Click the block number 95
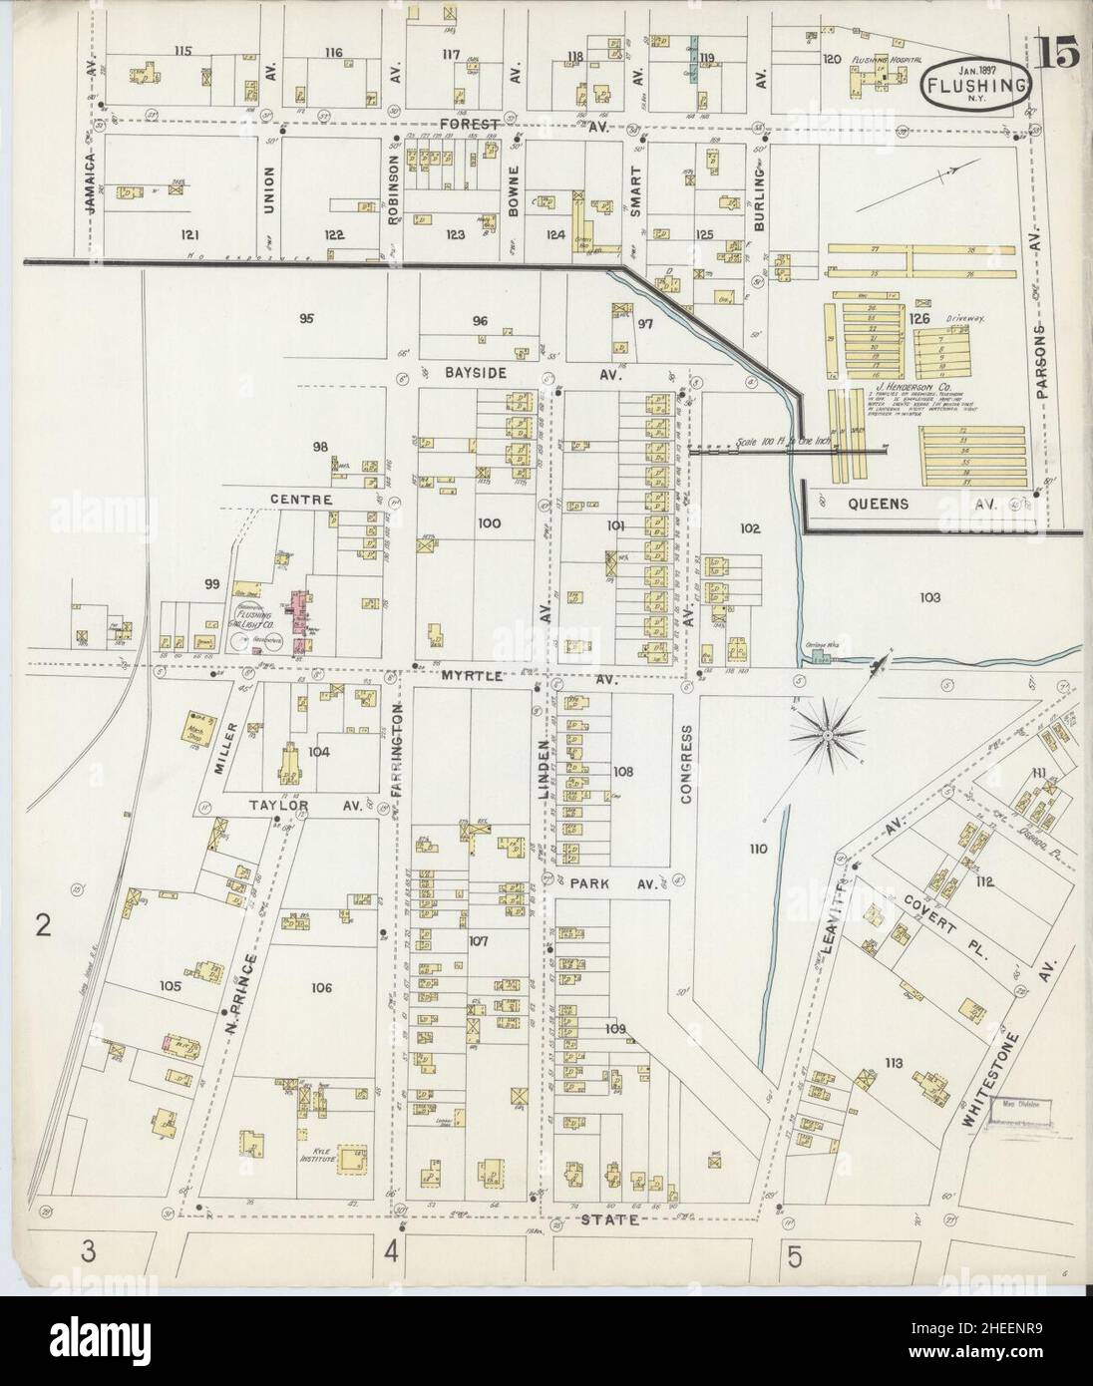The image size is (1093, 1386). tap(306, 319)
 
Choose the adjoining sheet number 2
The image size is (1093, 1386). tap(43, 927)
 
